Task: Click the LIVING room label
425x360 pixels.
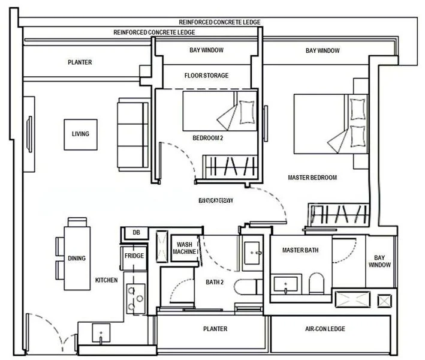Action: click(x=80, y=134)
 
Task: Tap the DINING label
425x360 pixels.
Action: click(x=77, y=259)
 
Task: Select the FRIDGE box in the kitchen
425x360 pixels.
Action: click(x=134, y=256)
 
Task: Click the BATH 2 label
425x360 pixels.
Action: click(x=214, y=282)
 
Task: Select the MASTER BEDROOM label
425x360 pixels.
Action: click(x=312, y=178)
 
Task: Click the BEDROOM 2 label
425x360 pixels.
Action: click(x=207, y=138)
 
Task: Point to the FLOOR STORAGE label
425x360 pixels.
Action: click(x=206, y=76)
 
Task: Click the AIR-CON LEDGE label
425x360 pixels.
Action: click(x=325, y=329)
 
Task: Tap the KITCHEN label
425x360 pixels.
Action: click(x=107, y=280)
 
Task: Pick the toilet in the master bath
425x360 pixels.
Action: click(x=316, y=283)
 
